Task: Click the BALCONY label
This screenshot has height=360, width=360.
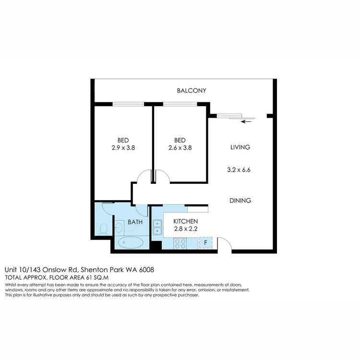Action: (192, 91)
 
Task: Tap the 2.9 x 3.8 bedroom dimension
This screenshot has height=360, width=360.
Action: (123, 148)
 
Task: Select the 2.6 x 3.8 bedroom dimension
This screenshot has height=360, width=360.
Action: (180, 148)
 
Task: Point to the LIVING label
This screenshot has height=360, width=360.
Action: (240, 147)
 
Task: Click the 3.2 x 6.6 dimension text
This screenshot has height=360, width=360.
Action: (240, 169)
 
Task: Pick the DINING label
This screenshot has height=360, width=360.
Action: (240, 201)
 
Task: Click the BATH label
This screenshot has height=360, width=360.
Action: (135, 222)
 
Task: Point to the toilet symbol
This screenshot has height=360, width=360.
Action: (102, 230)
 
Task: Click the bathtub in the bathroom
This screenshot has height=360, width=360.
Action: (130, 242)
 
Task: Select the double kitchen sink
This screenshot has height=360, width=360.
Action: (157, 228)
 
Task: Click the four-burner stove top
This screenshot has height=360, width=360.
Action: (180, 243)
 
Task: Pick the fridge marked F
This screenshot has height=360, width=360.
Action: (205, 243)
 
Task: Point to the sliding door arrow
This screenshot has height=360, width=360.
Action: (246, 121)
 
